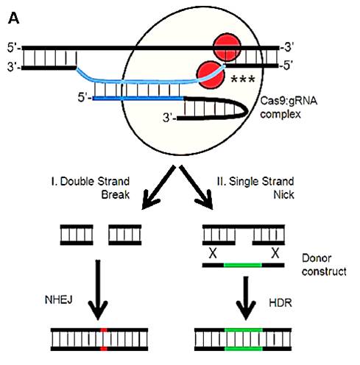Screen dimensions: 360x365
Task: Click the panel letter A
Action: click(13, 18)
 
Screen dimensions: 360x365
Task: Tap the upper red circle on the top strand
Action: click(227, 47)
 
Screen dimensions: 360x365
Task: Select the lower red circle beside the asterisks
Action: click(211, 75)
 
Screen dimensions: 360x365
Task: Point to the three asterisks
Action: click(243, 79)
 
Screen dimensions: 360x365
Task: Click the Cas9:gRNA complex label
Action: click(289, 107)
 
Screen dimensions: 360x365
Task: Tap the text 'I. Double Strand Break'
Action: click(91, 188)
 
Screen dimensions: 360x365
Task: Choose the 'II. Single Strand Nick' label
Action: click(255, 188)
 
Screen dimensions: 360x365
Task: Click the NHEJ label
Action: click(59, 300)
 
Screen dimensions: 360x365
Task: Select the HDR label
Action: click(280, 302)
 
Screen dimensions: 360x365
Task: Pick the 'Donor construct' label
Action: click(324, 265)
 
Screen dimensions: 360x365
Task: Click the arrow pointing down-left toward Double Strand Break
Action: click(158, 188)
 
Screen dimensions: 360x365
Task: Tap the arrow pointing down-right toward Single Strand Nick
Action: click(197, 188)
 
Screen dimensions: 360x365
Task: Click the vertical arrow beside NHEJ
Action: click(98, 290)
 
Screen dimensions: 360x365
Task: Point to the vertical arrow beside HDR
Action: click(246, 298)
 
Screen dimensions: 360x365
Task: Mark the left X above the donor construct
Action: click(213, 253)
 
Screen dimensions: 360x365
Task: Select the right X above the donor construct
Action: click(275, 253)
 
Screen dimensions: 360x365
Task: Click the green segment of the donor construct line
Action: click(243, 265)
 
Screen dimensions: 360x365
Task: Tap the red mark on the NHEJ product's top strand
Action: click(104, 330)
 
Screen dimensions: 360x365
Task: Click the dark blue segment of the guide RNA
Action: click(138, 99)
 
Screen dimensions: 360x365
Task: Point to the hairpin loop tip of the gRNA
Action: click(247, 113)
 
